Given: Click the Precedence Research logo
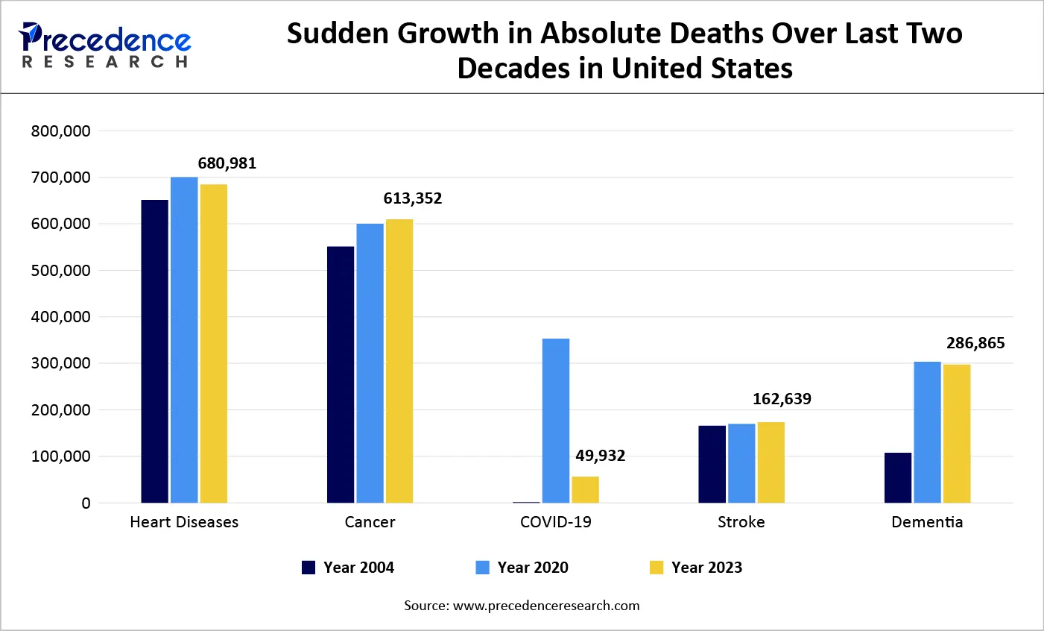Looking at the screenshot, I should click(x=105, y=45).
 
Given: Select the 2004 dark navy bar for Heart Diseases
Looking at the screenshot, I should click(x=155, y=351).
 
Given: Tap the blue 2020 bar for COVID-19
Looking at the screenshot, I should click(x=556, y=421).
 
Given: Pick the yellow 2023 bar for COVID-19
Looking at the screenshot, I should click(x=585, y=489).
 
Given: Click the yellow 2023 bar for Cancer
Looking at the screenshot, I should click(x=399, y=361).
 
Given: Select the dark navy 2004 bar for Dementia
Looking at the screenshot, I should click(x=898, y=477).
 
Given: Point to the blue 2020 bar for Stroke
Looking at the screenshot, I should click(x=741, y=463).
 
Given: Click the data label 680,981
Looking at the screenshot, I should click(x=227, y=163).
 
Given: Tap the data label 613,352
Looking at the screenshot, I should click(x=413, y=198).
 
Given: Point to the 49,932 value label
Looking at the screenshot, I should click(x=600, y=456).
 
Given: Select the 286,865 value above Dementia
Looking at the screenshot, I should click(x=975, y=343).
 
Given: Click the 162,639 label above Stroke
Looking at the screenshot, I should click(x=782, y=399).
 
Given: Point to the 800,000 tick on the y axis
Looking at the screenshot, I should click(x=60, y=131).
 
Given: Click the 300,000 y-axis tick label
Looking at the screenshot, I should click(x=60, y=363).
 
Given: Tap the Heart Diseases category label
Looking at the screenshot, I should click(x=184, y=522).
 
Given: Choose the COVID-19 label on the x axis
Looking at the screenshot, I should click(x=556, y=522).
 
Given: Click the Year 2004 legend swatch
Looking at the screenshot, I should click(x=309, y=568).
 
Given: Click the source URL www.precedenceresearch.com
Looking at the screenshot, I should click(x=546, y=606).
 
